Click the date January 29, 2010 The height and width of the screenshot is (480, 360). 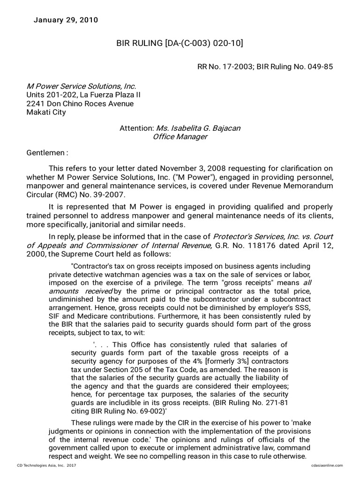click(66, 20)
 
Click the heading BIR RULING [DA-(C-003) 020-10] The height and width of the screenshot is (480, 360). click(180, 44)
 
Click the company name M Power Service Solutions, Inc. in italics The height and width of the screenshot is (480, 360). click(81, 86)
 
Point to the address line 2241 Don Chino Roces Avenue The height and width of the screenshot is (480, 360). click(80, 104)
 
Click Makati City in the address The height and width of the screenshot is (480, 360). click(46, 112)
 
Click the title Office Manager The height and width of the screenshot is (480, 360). click(180, 137)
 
